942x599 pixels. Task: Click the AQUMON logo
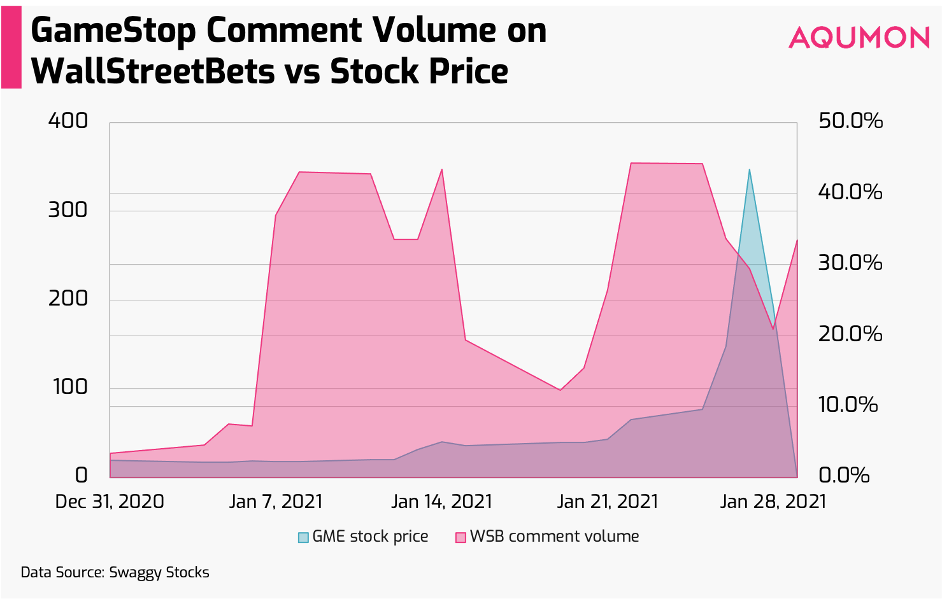pos(859,38)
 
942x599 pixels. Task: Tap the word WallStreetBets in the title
pos(153,71)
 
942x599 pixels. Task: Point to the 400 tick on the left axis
pos(68,120)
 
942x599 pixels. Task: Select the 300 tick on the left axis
pos(68,209)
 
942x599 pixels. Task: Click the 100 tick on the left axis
pos(70,386)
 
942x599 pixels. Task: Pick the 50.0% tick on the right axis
pos(850,120)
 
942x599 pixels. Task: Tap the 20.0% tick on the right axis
pos(850,334)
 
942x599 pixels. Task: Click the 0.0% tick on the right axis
pos(844,475)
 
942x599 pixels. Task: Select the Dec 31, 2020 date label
pos(110,502)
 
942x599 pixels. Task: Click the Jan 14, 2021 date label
pos(441,502)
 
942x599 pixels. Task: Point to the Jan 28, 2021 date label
pos(773,502)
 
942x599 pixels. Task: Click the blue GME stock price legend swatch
pos(303,537)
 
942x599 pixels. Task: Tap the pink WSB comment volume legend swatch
pos(460,537)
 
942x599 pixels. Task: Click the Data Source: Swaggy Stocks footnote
pos(115,572)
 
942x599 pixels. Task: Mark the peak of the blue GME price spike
pos(750,170)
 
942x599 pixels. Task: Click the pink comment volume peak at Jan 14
pos(441,169)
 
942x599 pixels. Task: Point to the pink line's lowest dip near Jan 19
pos(560,390)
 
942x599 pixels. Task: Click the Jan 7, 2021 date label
pos(276,502)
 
